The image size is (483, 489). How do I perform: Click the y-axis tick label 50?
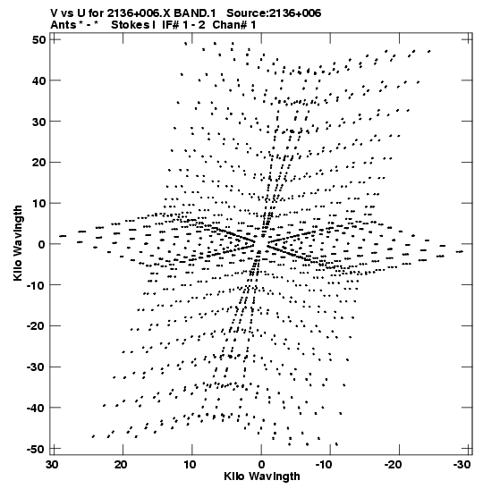point(38,40)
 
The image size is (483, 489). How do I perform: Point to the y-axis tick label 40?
point(38,80)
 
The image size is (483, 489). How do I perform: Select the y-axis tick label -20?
point(36,326)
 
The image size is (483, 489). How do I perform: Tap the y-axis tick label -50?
point(36,449)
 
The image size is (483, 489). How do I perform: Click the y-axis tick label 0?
point(42,244)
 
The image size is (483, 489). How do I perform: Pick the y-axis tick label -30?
point(36,367)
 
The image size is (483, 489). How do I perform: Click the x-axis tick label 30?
point(53,465)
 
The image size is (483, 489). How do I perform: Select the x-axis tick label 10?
point(190,465)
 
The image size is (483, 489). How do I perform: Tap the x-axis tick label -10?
point(325,465)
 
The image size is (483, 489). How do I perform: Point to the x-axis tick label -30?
point(462,465)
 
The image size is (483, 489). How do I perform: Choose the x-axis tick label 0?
point(261,465)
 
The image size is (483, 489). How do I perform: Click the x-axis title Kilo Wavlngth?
point(262,476)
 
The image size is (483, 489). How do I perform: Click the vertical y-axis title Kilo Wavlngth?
point(18,243)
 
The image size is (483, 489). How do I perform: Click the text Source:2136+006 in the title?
point(274,13)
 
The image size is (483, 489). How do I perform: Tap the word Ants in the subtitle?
point(63,25)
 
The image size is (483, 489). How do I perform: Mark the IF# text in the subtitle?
point(170,25)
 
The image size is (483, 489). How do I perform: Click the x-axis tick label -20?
point(394,465)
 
